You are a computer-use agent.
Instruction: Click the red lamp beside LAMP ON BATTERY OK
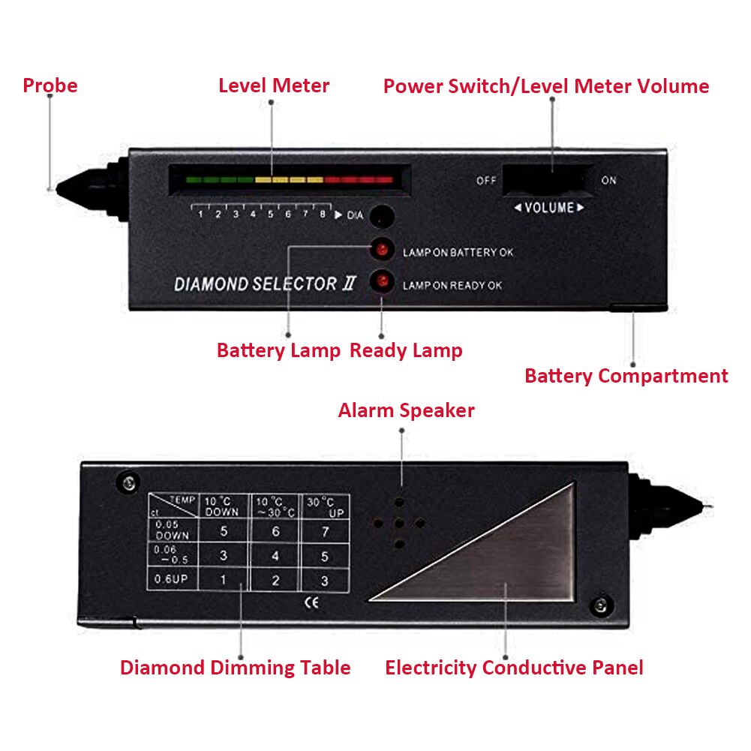382,249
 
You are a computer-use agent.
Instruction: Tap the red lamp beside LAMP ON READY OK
382,282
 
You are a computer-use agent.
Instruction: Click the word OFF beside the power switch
486,181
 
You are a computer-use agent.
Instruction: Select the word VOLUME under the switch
549,208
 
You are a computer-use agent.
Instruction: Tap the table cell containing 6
275,531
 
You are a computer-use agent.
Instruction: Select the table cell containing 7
324,531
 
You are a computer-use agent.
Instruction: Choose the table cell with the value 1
222,580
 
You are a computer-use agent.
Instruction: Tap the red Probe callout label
50,86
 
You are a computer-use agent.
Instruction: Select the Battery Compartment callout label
626,376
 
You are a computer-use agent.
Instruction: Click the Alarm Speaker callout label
406,410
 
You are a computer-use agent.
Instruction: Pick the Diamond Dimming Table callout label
235,667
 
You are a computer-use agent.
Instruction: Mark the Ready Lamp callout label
406,350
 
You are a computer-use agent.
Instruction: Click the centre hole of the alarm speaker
400,523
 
